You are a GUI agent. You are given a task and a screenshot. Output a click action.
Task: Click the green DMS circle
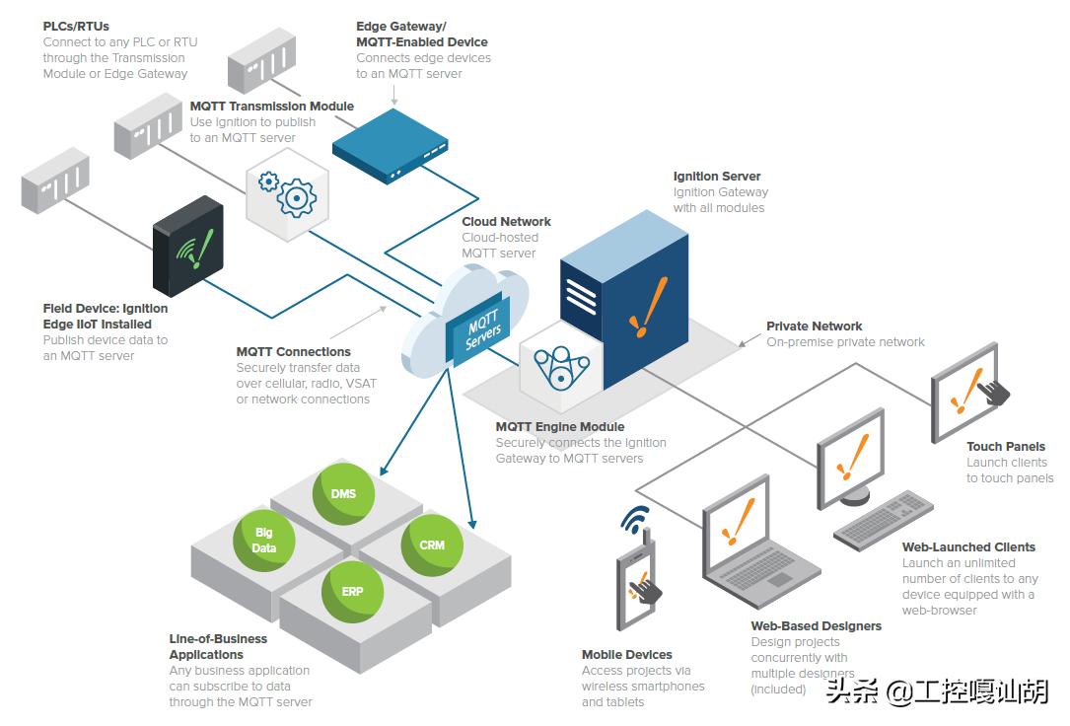pyautogui.click(x=344, y=493)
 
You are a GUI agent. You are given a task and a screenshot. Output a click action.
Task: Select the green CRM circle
pyautogui.click(x=431, y=544)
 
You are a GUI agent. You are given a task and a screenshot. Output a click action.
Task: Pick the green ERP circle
pyautogui.click(x=352, y=592)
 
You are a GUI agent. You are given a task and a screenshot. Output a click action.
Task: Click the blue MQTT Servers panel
pyautogui.click(x=482, y=330)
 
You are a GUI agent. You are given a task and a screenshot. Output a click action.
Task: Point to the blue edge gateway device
pyautogui.click(x=392, y=146)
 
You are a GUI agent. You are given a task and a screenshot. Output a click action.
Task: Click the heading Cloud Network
pyautogui.click(x=506, y=222)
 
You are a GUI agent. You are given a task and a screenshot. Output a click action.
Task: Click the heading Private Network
pyautogui.click(x=814, y=327)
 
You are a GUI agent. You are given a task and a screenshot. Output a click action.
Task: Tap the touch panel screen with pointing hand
pyautogui.click(x=965, y=392)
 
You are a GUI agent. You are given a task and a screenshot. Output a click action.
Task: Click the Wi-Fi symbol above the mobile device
pyautogui.click(x=635, y=520)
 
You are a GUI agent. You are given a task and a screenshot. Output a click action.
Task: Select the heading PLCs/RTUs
pyautogui.click(x=76, y=27)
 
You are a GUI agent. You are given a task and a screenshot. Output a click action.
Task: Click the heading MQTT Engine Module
pyautogui.click(x=559, y=427)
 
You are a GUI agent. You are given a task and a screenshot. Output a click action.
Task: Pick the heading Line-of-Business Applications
pyautogui.click(x=218, y=646)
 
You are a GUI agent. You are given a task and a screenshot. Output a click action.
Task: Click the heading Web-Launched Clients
pyautogui.click(x=967, y=547)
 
